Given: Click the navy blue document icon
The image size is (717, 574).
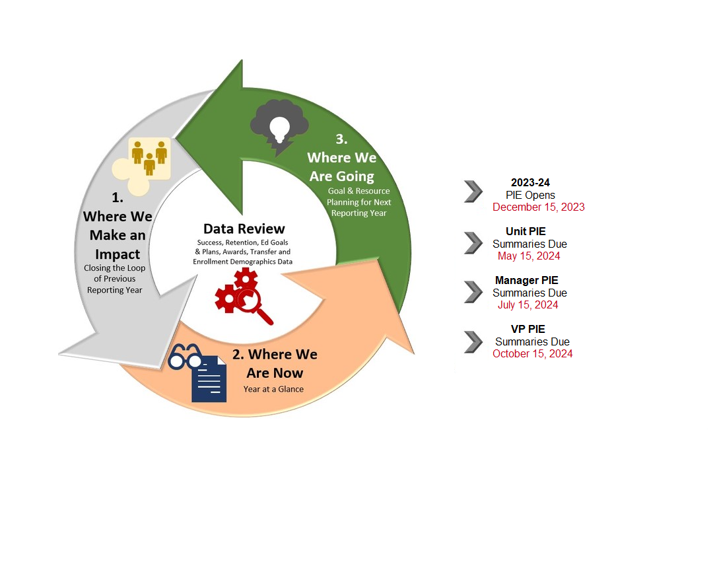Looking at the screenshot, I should pos(209,379).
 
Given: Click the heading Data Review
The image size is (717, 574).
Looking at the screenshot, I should pos(244,229).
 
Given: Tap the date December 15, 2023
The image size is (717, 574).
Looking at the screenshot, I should pos(538,207).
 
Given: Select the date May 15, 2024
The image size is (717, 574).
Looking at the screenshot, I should pos(529,256).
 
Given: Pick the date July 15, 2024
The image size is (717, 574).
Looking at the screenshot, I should pos(528,305).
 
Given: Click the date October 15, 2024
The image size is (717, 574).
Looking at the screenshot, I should pos(532,353).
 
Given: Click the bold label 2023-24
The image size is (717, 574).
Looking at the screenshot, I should pos(530,183).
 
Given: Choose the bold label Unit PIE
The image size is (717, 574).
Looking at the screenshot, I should pos(526,231).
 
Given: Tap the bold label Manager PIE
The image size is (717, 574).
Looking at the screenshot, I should pos(526,280).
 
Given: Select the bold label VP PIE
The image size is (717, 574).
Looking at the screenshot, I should pos(528,329).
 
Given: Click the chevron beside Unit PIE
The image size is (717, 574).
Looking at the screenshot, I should pos(473,242).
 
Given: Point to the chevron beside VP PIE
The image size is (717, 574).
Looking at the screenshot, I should pos(473,341).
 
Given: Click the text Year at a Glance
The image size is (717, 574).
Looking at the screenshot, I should pos(273,389).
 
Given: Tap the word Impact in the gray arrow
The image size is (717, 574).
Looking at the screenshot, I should pos(117,254).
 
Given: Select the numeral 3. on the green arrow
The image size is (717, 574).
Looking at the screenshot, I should pos(341,139).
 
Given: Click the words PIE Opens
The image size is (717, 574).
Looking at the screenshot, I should pos(530,195).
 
